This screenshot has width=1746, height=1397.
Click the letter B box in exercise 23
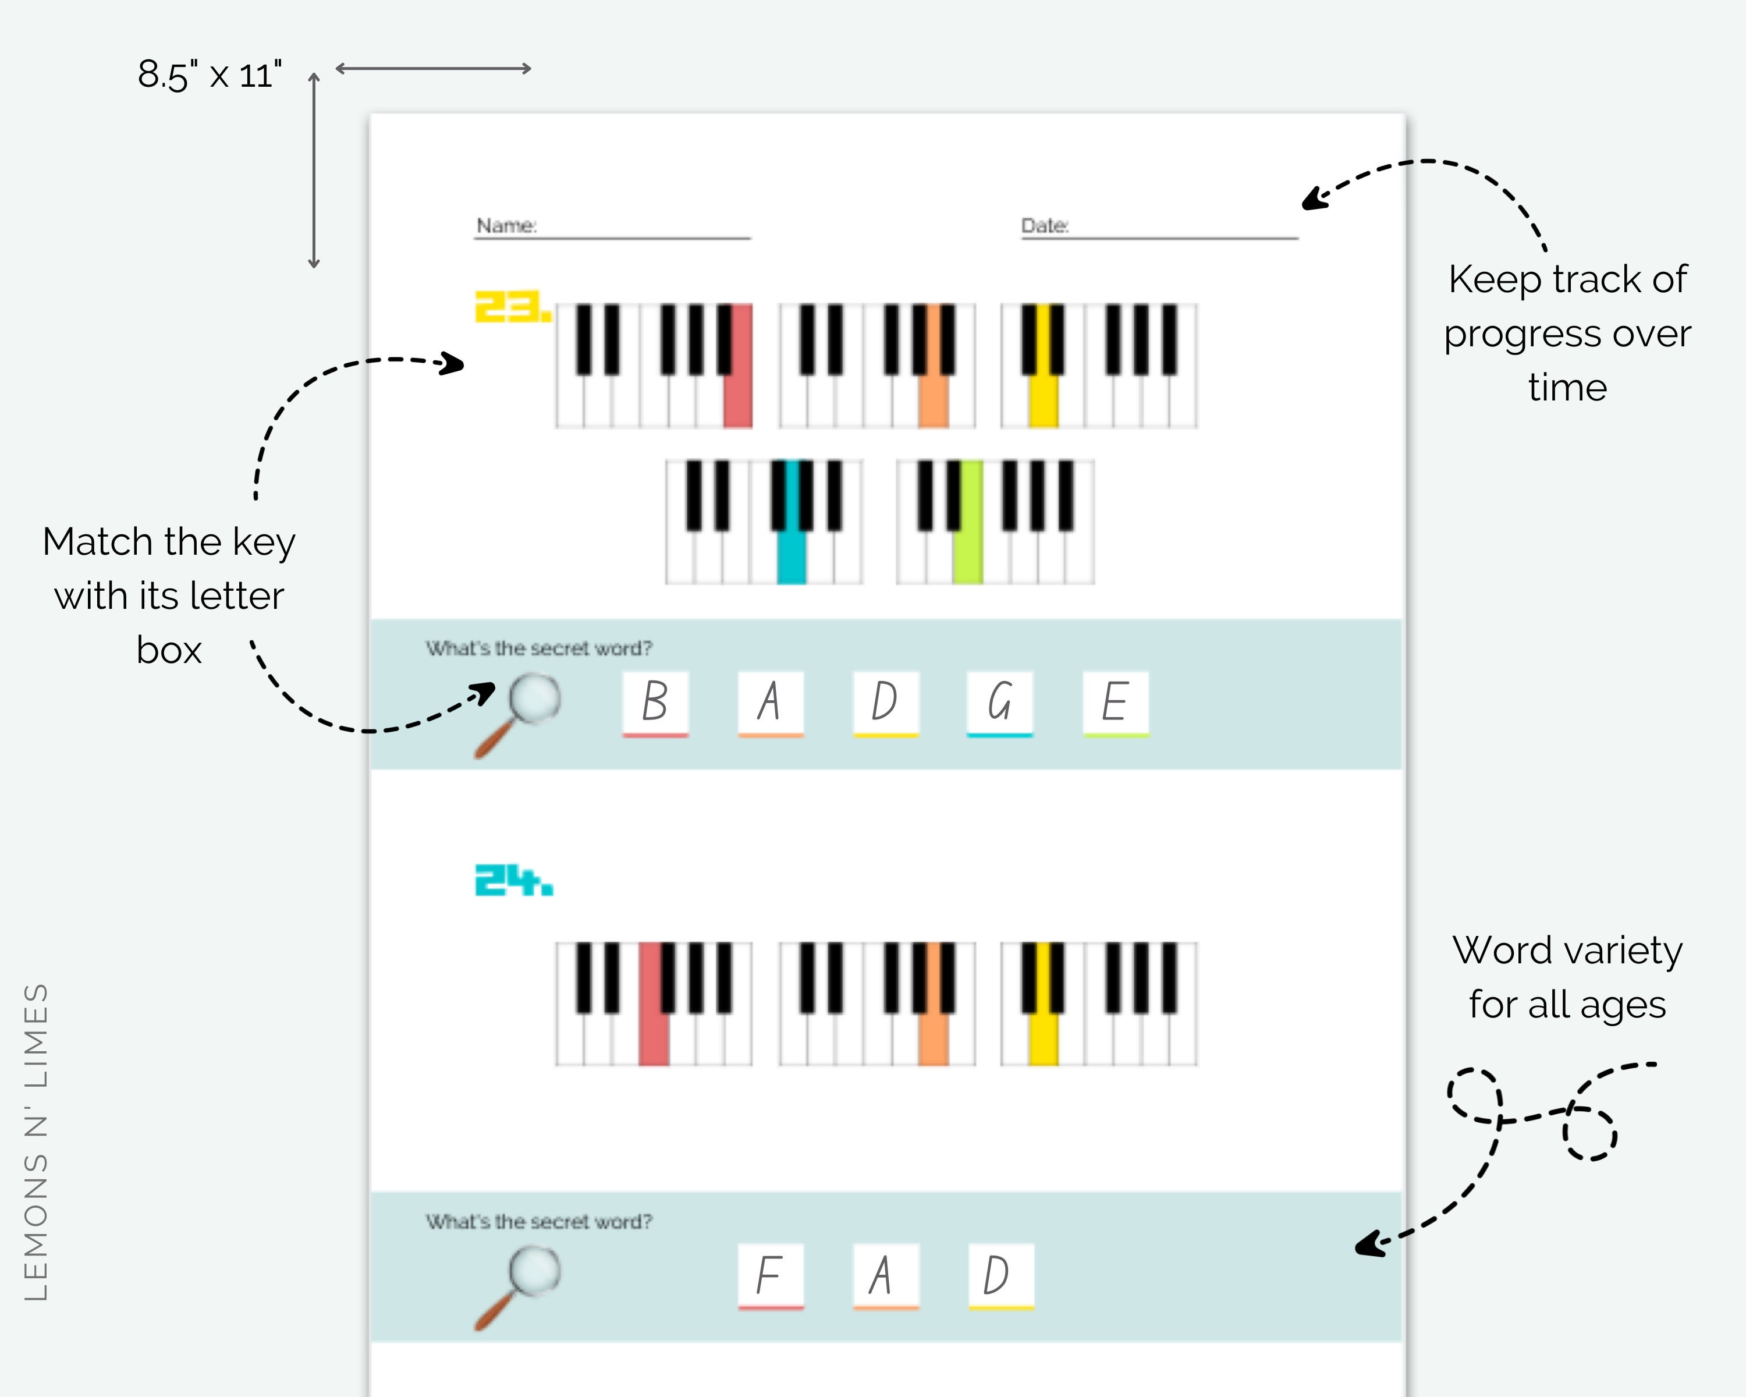pos(655,701)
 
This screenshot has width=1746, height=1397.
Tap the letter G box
pos(1000,701)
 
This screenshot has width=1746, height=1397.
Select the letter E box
pos(1115,701)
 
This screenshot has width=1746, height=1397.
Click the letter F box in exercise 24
pos(770,1275)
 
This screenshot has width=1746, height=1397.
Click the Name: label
pos(506,225)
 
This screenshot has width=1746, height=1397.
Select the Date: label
pos(1045,225)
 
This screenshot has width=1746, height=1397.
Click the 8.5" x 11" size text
pos(209,75)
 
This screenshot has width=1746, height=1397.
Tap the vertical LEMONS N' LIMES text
pos(37,1142)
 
